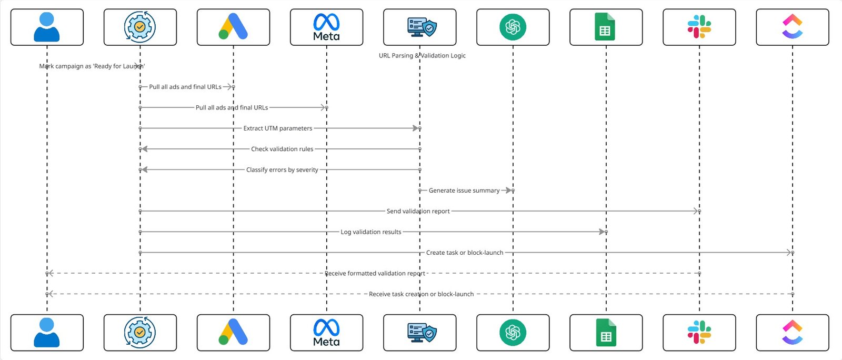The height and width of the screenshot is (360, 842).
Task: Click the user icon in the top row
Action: [47, 27]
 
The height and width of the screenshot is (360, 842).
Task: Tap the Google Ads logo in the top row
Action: [233, 27]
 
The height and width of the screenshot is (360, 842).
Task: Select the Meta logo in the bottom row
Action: [326, 333]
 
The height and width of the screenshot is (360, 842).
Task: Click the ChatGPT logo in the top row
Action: [513, 27]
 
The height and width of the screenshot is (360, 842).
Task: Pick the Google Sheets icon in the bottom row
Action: [606, 333]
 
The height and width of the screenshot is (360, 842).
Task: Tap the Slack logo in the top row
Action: [699, 27]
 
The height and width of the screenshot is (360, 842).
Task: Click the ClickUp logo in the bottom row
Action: [792, 333]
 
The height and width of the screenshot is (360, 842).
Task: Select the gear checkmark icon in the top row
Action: [140, 27]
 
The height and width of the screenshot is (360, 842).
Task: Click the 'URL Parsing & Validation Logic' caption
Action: [422, 55]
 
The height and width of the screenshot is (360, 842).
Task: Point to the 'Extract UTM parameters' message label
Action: [278, 128]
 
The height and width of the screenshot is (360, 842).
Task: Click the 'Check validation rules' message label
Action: [282, 149]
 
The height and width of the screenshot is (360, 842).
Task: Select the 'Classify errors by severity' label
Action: [282, 170]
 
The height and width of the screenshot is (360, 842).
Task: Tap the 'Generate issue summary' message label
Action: [464, 191]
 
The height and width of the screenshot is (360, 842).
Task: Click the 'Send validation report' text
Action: [418, 211]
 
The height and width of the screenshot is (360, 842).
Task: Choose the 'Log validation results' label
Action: [371, 232]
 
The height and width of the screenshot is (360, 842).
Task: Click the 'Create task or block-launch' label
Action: [465, 253]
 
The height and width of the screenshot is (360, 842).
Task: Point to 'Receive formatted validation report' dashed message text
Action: [375, 274]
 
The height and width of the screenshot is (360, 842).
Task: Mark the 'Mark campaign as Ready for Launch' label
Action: [92, 66]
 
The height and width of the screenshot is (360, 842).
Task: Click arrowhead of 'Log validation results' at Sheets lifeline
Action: [602, 232]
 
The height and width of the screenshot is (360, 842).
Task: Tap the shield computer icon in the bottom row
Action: [422, 333]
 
